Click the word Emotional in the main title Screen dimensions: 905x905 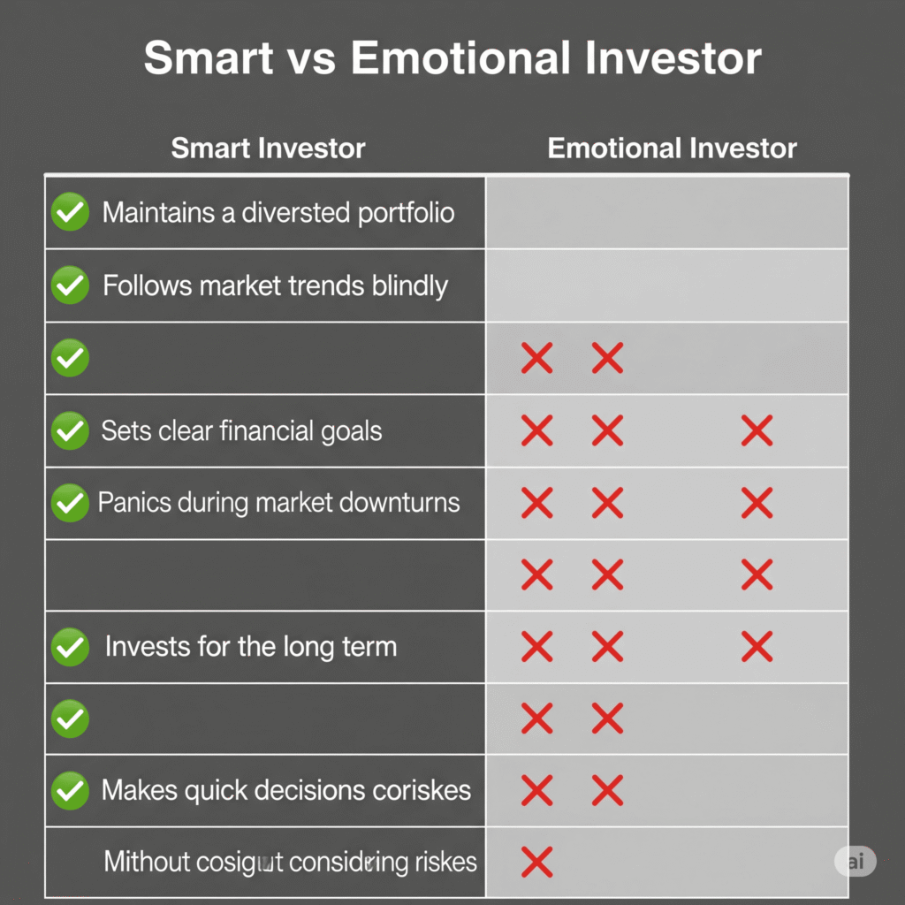(466, 59)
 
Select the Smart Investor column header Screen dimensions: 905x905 (268, 148)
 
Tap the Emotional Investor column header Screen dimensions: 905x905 (672, 148)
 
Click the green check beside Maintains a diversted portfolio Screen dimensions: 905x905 (70, 213)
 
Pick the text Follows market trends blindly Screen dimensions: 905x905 (275, 286)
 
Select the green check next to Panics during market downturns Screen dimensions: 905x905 (70, 504)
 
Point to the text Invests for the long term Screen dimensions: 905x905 (250, 646)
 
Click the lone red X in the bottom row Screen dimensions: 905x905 (536, 861)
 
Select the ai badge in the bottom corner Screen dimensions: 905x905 (855, 862)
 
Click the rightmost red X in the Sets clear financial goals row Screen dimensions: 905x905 (757, 431)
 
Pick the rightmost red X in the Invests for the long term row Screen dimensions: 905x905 (757, 647)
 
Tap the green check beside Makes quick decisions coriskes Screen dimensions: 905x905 (70, 790)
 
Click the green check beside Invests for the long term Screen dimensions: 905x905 (70, 647)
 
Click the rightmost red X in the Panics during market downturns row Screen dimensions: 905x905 (757, 504)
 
